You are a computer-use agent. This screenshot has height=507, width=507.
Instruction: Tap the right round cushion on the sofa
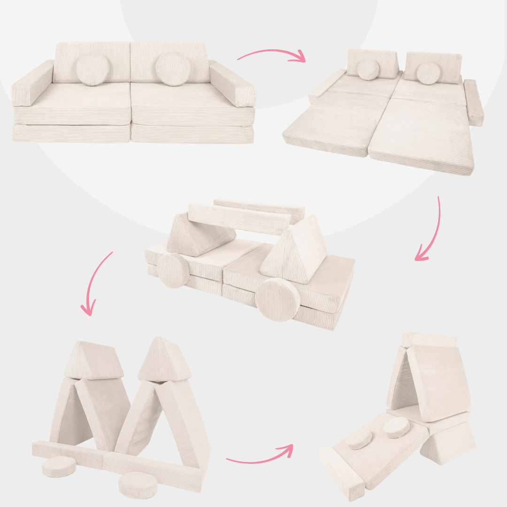pyautogui.click(x=173, y=69)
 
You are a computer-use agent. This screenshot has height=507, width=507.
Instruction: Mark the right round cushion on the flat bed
pyautogui.click(x=428, y=74)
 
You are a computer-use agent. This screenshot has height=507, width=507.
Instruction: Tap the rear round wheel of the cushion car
pyautogui.click(x=173, y=271)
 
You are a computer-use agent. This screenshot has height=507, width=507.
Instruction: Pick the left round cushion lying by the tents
pyautogui.click(x=59, y=467)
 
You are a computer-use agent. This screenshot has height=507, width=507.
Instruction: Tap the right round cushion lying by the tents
pyautogui.click(x=138, y=484)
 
